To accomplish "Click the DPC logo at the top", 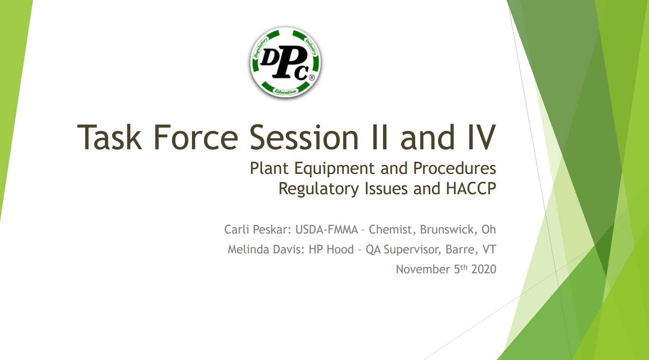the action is [285, 63].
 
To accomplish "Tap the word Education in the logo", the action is [286, 92].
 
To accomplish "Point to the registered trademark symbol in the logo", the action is [312, 77].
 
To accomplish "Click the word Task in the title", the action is [110, 137].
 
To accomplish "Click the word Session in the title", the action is [304, 137].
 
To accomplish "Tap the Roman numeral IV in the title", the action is [482, 137].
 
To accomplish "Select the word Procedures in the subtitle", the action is [455, 168].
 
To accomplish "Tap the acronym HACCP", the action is [471, 188].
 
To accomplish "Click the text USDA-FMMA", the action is [327, 229].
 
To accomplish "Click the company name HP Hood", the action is [331, 249].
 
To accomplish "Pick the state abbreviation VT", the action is [489, 249].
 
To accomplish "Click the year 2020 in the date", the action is [484, 269].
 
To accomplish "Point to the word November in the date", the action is [423, 269].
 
